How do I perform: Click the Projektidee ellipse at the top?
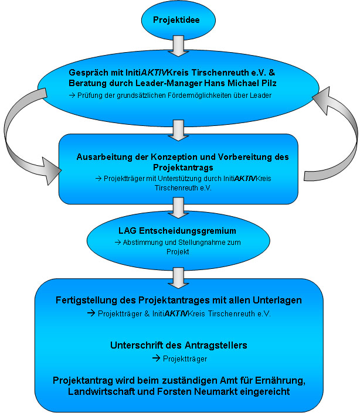pos(178,20)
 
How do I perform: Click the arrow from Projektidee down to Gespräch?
pos(178,46)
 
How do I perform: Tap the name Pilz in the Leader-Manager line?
pos(269,83)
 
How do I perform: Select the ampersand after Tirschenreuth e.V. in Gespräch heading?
pos(272,73)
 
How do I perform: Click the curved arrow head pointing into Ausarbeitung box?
pos(51,171)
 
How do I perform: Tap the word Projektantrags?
pos(183,168)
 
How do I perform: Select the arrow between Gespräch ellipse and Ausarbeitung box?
pos(178,131)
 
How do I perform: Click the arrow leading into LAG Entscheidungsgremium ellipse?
pos(178,208)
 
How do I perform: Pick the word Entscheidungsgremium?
pos(188,231)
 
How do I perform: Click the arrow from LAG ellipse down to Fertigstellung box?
pos(178,278)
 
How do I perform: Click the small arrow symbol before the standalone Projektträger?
pos(157,358)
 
